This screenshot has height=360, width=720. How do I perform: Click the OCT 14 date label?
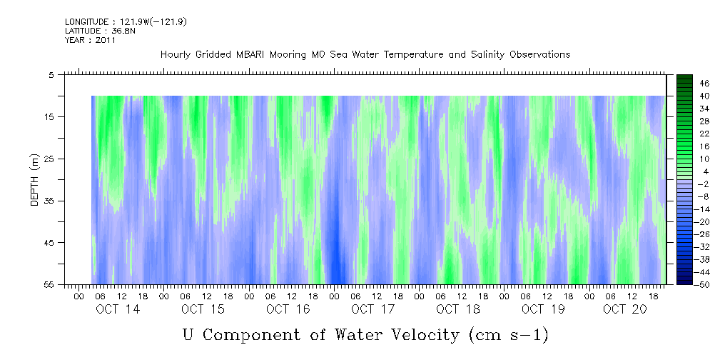(118, 309)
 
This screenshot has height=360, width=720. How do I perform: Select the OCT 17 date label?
(372, 309)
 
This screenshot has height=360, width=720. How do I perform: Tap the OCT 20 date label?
(624, 309)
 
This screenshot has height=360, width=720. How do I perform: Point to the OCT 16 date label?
(288, 309)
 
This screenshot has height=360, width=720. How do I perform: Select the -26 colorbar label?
(704, 235)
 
